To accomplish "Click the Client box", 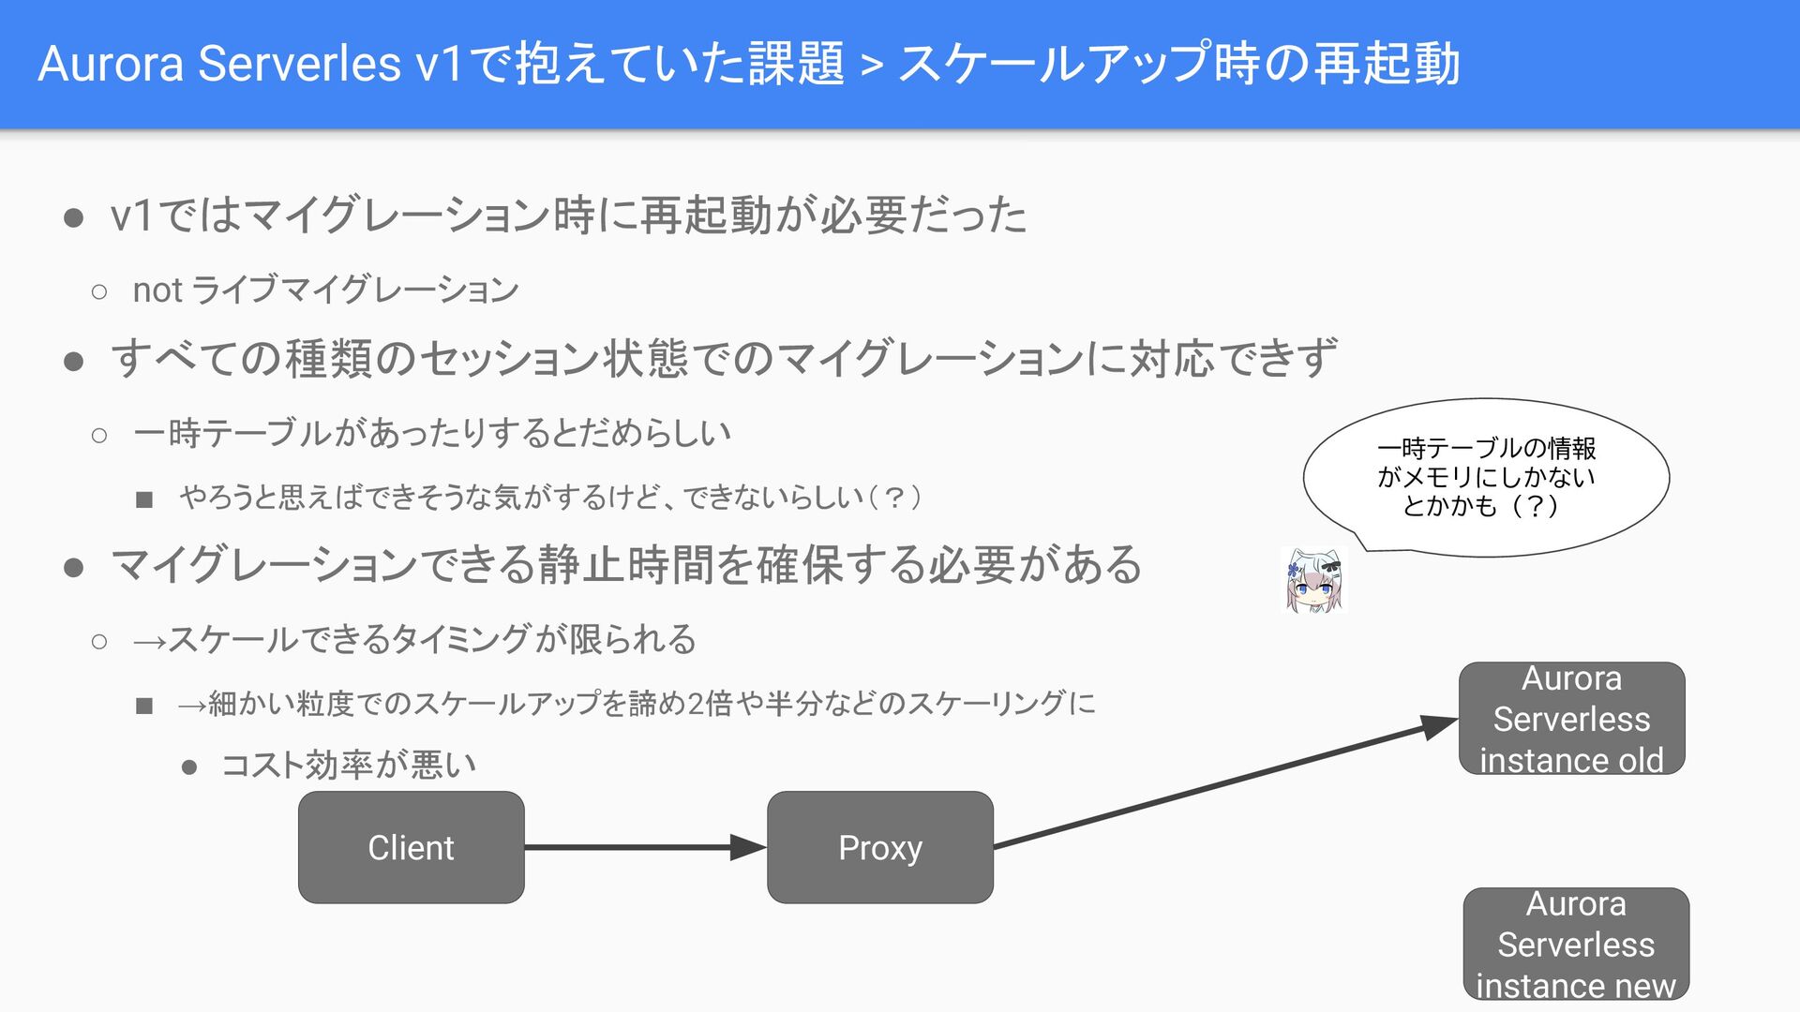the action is click(x=411, y=847).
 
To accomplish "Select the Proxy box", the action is click(x=879, y=847).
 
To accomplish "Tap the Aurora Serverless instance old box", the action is click(x=1571, y=719).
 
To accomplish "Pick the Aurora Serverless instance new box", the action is click(x=1576, y=944).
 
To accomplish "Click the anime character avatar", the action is click(x=1314, y=580).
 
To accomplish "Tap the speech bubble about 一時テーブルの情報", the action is click(x=1486, y=477).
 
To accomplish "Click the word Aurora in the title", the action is click(x=111, y=64).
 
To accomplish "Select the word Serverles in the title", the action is click(x=300, y=64).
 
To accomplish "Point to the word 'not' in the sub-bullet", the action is click(x=157, y=290).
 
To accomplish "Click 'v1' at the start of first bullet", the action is click(x=131, y=216).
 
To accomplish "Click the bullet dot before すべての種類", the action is click(x=74, y=362).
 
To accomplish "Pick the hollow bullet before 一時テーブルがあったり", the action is click(x=99, y=435).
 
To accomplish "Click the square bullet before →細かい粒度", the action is click(x=143, y=706).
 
